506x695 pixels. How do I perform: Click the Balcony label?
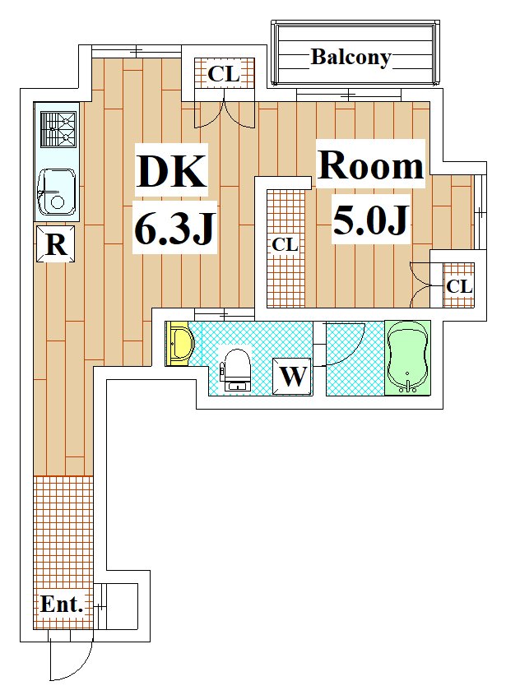(350, 58)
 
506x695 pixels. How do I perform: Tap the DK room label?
(171, 170)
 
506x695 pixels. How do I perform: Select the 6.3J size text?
(174, 227)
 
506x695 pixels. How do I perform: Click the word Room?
(371, 165)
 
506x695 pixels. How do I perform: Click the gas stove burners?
(58, 128)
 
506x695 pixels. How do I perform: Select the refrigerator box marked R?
(55, 243)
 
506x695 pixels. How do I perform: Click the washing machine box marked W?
(292, 377)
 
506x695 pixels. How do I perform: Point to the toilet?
(235, 370)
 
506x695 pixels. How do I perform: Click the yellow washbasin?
(179, 344)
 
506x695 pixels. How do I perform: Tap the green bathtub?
(407, 358)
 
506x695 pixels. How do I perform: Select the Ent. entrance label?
(62, 605)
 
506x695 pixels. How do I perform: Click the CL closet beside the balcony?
(225, 73)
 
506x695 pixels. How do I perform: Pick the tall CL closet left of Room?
(285, 248)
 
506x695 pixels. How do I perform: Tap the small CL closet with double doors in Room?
(458, 285)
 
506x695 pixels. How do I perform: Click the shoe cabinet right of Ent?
(116, 606)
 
